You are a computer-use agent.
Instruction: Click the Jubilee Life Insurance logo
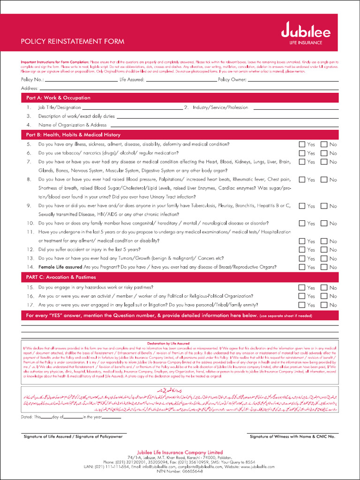tap(306, 34)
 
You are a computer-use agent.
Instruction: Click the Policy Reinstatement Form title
tap(73, 41)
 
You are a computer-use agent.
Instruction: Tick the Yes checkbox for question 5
tap(302, 144)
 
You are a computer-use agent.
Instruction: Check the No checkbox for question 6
tap(324, 153)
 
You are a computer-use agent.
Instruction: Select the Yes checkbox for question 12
tap(302, 250)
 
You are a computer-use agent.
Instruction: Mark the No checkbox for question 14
tap(324, 267)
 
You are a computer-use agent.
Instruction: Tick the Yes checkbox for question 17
tap(302, 305)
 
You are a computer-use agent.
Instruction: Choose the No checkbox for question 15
tap(324, 287)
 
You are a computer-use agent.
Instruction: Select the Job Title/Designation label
tap(60, 107)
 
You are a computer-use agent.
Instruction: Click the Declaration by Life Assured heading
tap(180, 343)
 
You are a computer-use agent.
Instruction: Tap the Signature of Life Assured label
tap(73, 436)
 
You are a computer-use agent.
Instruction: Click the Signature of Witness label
tap(292, 436)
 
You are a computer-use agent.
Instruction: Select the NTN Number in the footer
tap(180, 471)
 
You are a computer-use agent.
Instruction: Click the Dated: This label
tap(31, 416)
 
